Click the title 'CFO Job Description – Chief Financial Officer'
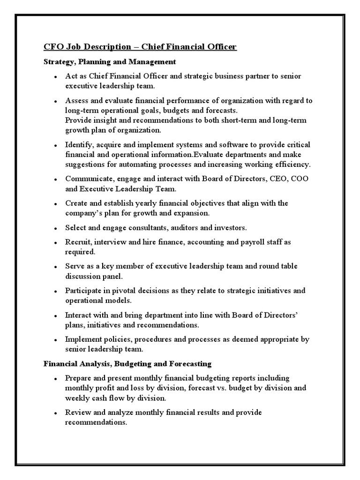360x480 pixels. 140,47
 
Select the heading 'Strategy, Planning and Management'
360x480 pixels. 110,61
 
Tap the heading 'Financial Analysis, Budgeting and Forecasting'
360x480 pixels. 127,364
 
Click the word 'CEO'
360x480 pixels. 274,179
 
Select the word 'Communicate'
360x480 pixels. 88,179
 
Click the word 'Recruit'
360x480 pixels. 78,242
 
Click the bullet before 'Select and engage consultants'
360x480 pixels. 55,228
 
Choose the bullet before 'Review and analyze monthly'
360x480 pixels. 55,413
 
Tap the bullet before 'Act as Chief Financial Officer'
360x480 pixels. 55,76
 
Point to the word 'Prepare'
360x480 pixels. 79,378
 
